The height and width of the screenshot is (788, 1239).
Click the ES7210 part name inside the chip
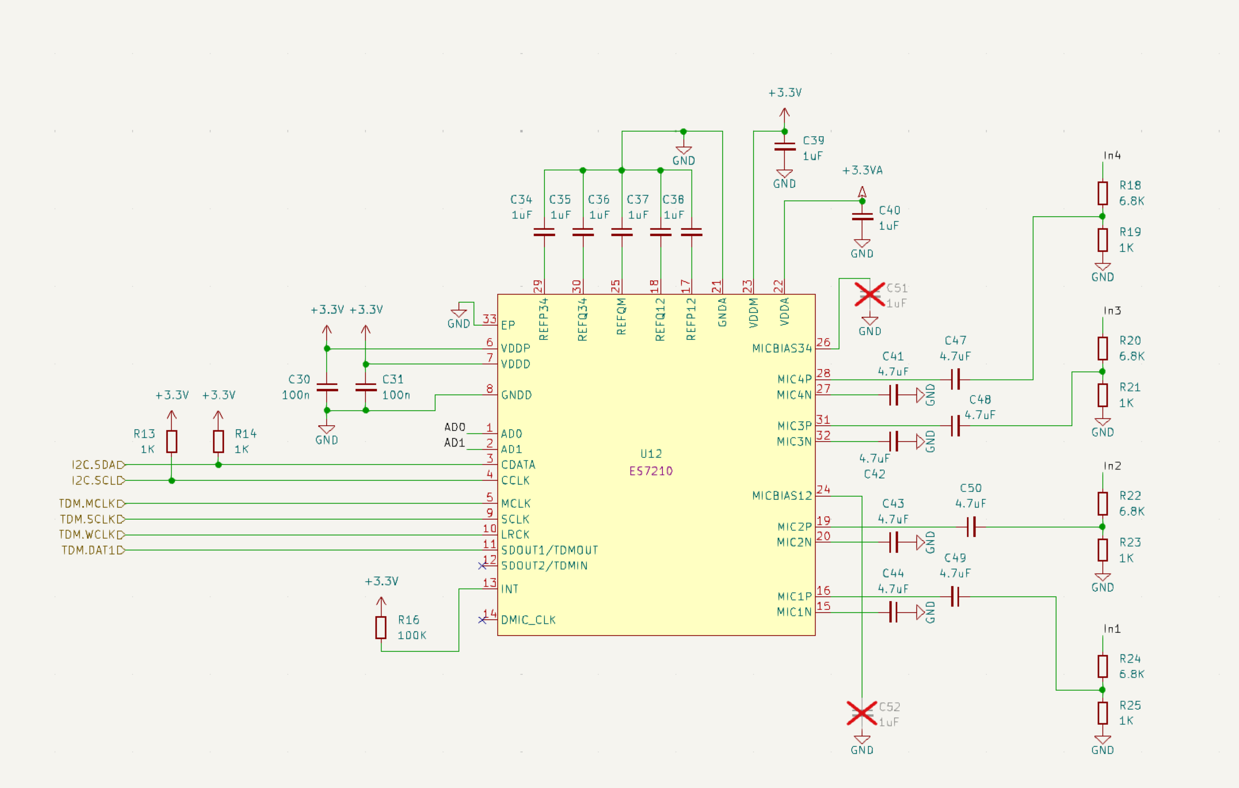651,470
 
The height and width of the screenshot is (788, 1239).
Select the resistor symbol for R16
381,627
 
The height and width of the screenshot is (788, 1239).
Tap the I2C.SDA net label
97,465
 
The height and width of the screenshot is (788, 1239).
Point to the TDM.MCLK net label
91,503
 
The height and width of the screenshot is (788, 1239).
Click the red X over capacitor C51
870,294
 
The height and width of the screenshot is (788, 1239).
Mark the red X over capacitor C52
862,713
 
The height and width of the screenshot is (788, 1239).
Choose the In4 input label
1112,155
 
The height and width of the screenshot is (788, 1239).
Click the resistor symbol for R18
1102,193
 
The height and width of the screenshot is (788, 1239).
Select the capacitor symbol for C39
785,147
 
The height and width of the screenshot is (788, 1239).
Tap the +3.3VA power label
863,170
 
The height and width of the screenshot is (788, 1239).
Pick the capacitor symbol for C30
327,387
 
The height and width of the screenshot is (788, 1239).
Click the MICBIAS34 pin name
782,348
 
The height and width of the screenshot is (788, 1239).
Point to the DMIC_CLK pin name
529,620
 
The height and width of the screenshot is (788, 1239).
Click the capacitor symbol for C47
955,379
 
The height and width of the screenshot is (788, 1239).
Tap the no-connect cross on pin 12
482,566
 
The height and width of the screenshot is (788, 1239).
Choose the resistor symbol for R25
1102,713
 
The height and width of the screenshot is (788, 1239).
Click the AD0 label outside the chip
455,427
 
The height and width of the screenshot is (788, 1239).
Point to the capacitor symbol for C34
544,233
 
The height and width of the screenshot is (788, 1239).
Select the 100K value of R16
412,635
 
